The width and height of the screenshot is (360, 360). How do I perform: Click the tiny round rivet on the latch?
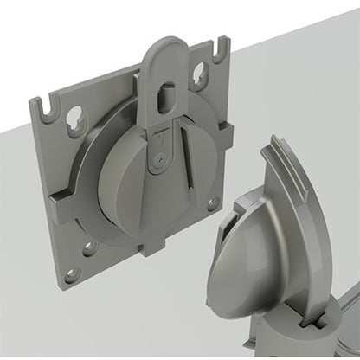click(x=157, y=159)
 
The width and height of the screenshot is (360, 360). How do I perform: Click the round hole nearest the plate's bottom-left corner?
click(x=71, y=274)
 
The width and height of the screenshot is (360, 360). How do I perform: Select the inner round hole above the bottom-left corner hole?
click(x=89, y=248)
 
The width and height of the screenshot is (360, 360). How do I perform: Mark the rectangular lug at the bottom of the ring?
click(x=152, y=247)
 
